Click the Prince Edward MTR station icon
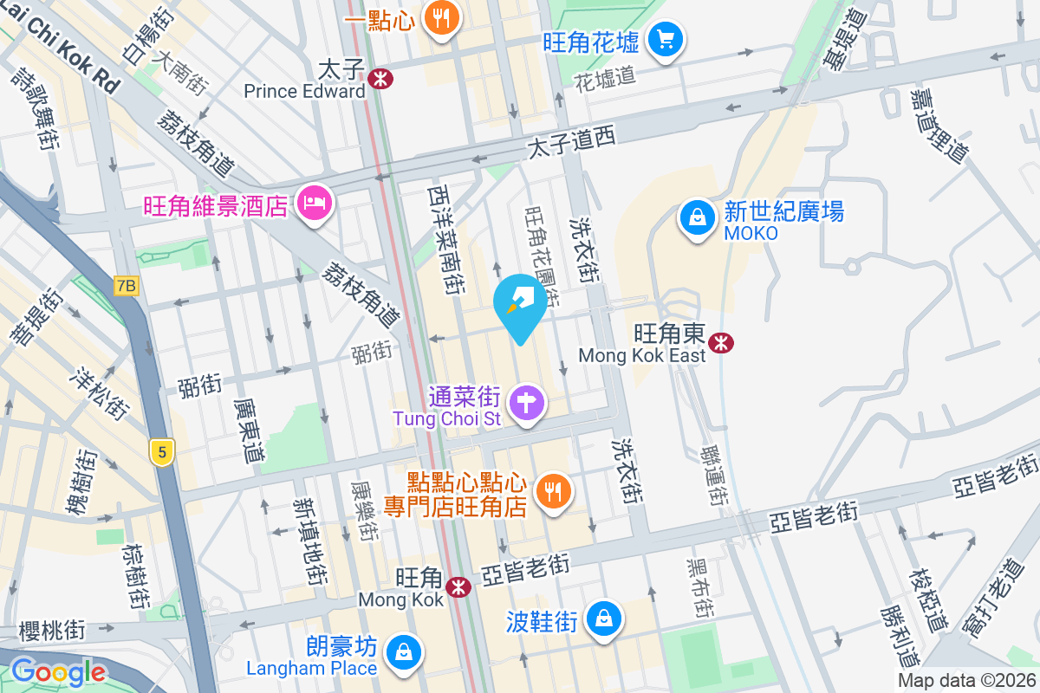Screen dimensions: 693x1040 (380, 79)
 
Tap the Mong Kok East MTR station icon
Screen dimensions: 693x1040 (720, 343)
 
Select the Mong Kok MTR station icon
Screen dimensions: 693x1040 (458, 588)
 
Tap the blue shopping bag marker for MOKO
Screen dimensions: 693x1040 (697, 217)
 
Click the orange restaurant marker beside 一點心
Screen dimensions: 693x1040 (441, 20)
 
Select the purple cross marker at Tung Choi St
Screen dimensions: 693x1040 (526, 403)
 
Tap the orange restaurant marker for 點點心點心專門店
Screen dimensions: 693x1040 (552, 491)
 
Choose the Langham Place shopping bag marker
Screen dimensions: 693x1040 (403, 651)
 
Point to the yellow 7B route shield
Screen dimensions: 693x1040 (127, 285)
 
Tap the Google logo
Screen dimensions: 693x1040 (58, 671)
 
